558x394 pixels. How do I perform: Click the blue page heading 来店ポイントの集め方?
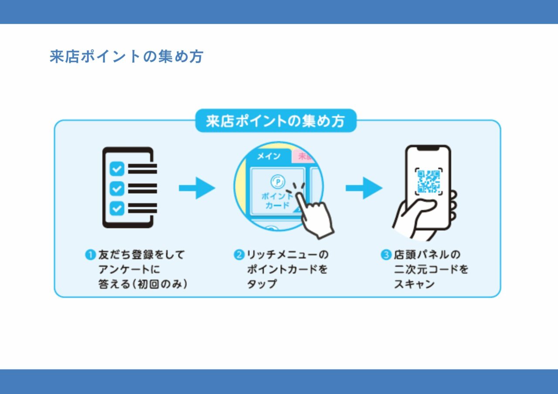(126, 57)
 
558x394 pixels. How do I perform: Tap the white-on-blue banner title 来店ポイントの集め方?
(276, 121)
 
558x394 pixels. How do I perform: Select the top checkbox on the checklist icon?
(117, 168)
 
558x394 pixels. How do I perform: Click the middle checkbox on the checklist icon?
(117, 189)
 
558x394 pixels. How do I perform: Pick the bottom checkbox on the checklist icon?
(117, 208)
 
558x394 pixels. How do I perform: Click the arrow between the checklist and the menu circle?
(197, 188)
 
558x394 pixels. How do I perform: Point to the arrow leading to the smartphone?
(364, 188)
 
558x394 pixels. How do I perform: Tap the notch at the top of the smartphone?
(428, 149)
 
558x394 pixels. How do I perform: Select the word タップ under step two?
(262, 284)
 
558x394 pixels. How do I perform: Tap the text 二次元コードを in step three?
(431, 269)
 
